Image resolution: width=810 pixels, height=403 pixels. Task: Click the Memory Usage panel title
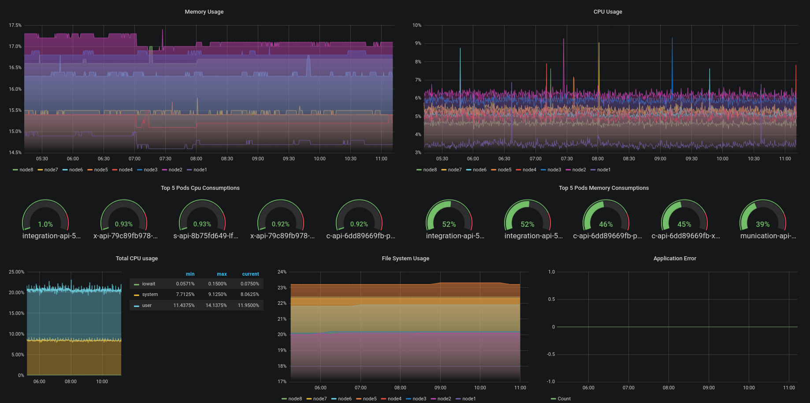click(204, 12)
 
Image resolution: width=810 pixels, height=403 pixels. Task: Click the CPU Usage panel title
click(608, 12)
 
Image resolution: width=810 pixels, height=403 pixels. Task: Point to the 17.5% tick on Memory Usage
click(15, 25)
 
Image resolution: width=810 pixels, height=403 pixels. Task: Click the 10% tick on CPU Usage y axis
click(417, 25)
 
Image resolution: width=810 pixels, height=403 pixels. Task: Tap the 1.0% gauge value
click(45, 224)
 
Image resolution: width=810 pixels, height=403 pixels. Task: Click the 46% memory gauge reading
click(606, 224)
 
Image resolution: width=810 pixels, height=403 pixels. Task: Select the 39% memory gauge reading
click(762, 224)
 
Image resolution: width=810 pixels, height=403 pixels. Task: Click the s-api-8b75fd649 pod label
click(206, 236)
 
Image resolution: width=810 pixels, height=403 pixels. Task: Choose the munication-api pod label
click(768, 236)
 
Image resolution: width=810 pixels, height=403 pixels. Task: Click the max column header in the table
click(222, 274)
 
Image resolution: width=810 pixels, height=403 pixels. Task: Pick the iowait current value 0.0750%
click(250, 284)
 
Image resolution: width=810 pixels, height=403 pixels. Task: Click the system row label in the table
click(150, 295)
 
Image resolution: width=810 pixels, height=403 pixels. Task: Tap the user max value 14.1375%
click(216, 305)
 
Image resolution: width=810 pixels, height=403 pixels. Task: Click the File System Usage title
click(405, 259)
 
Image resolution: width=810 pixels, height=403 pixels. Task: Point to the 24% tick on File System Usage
click(282, 272)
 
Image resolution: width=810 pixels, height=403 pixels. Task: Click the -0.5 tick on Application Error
click(551, 354)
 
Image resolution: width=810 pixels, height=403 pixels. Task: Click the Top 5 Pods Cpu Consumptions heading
click(200, 188)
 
